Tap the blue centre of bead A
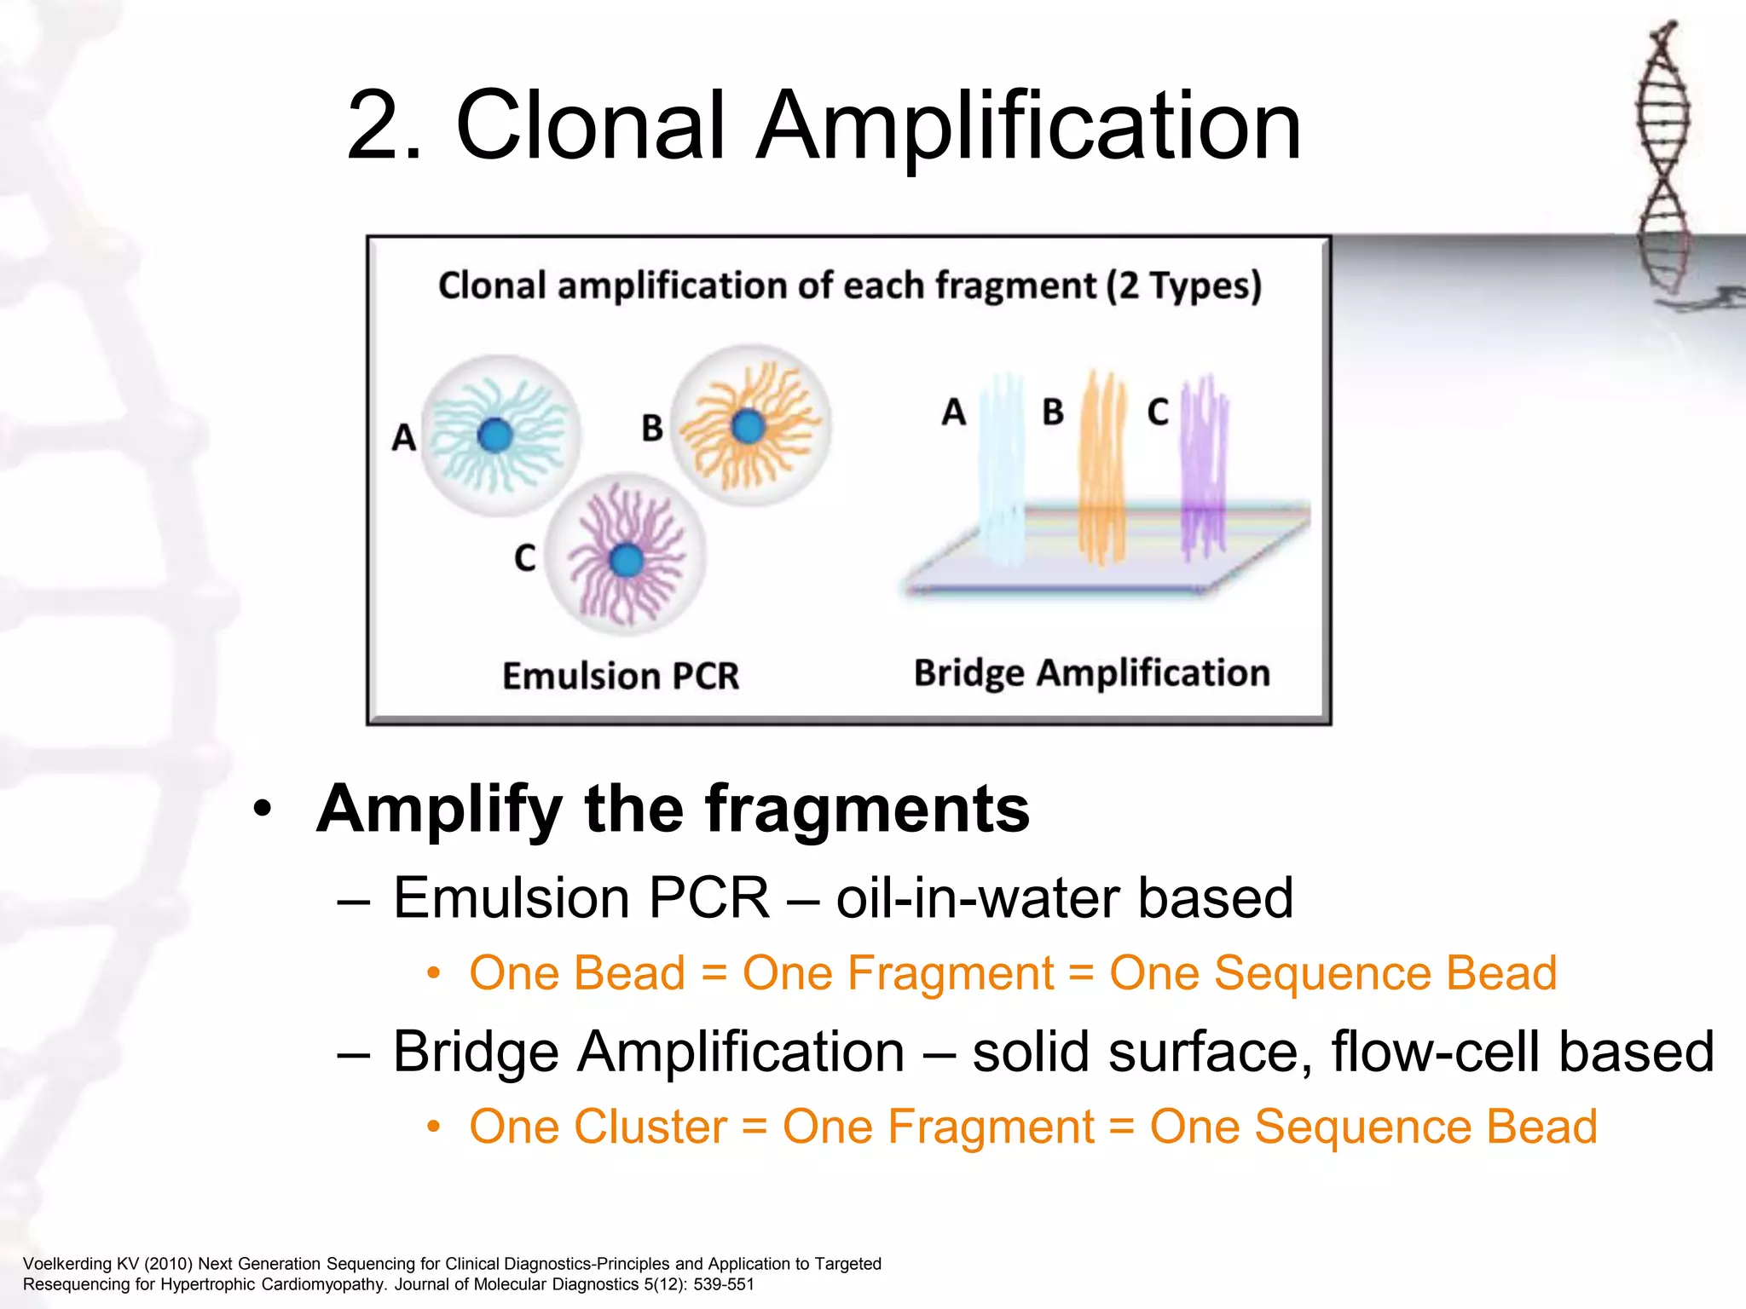click(495, 435)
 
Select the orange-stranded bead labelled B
click(750, 425)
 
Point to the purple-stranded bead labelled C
click(627, 555)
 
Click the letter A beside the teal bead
click(403, 438)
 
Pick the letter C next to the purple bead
click(524, 558)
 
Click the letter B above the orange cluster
click(1053, 412)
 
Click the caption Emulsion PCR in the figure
click(621, 677)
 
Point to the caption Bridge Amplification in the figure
click(1092, 673)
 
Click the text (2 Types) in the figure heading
click(1183, 286)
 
